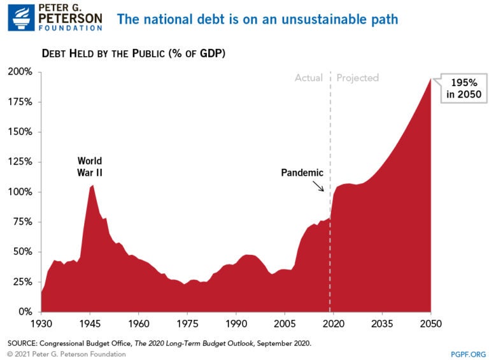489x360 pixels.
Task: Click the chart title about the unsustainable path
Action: coord(257,19)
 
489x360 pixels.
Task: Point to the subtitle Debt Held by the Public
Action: coord(134,53)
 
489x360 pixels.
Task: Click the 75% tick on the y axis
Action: coord(22,222)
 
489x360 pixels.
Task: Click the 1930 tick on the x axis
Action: coord(41,324)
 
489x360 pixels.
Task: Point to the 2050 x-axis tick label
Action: coord(431,324)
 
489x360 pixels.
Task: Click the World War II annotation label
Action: coord(90,166)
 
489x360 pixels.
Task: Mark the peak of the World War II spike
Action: coord(93,185)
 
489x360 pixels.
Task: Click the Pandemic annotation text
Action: coord(302,173)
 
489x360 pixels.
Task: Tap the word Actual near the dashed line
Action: coord(308,78)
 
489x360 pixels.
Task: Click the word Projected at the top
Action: coord(358,78)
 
